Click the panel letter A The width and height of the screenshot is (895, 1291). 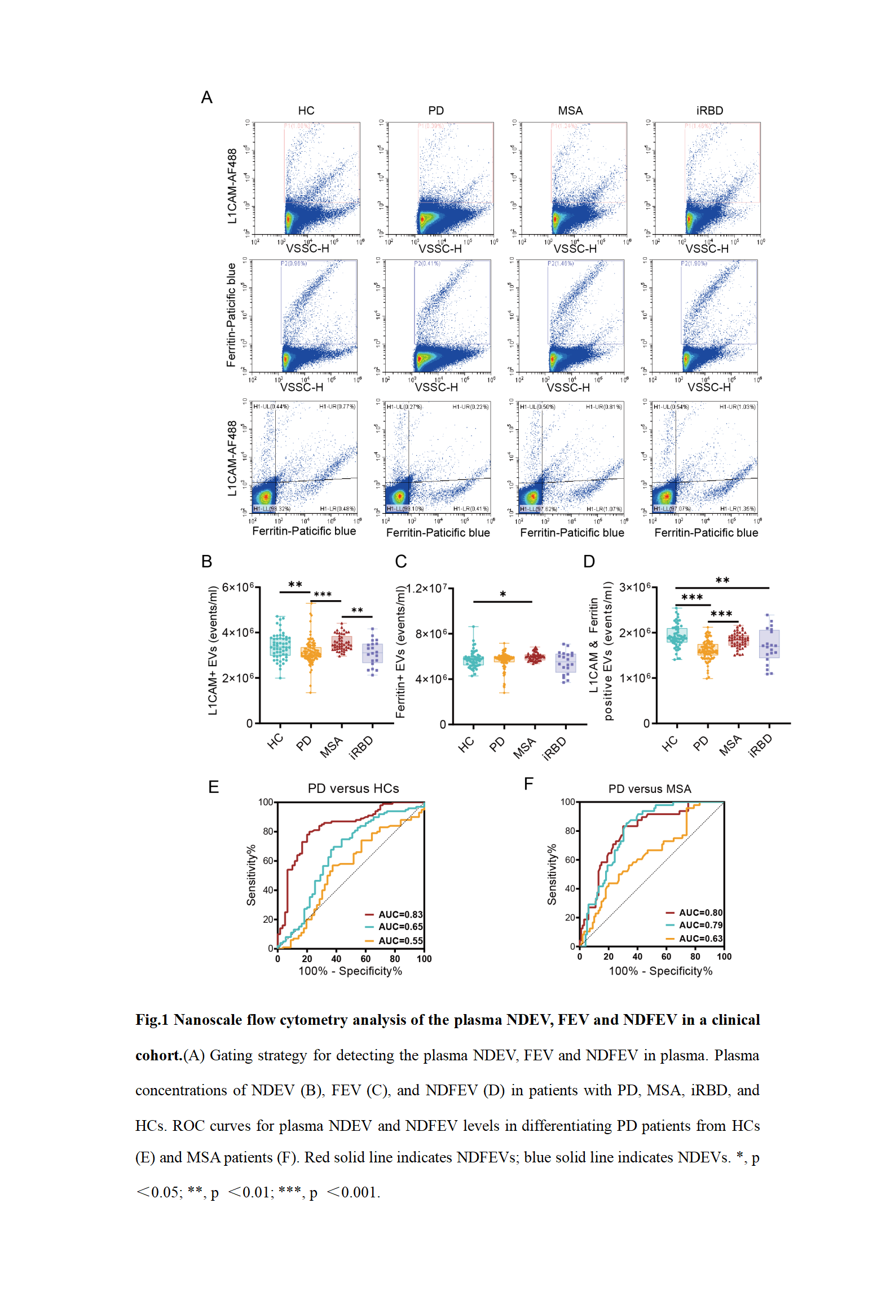pyautogui.click(x=207, y=98)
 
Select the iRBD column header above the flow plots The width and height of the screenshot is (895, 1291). pyautogui.click(x=709, y=111)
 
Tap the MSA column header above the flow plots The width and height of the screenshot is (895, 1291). pyautogui.click(x=570, y=111)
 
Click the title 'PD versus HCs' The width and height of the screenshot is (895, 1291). pyautogui.click(x=353, y=788)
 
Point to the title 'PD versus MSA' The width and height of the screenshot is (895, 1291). pyautogui.click(x=649, y=788)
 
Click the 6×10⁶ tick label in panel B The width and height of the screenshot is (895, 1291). pyautogui.click(x=238, y=587)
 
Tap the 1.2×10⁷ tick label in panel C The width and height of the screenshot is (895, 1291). pyautogui.click(x=427, y=588)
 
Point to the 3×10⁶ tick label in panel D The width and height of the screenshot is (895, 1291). pyautogui.click(x=635, y=587)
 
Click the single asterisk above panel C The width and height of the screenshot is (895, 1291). pyautogui.click(x=502, y=594)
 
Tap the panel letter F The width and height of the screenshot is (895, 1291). pyautogui.click(x=528, y=784)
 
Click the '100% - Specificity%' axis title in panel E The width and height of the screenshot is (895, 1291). pyautogui.click(x=350, y=971)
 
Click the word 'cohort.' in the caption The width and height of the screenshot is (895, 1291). pyautogui.click(x=158, y=1055)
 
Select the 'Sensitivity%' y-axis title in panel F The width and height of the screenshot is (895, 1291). pyautogui.click(x=552, y=874)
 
